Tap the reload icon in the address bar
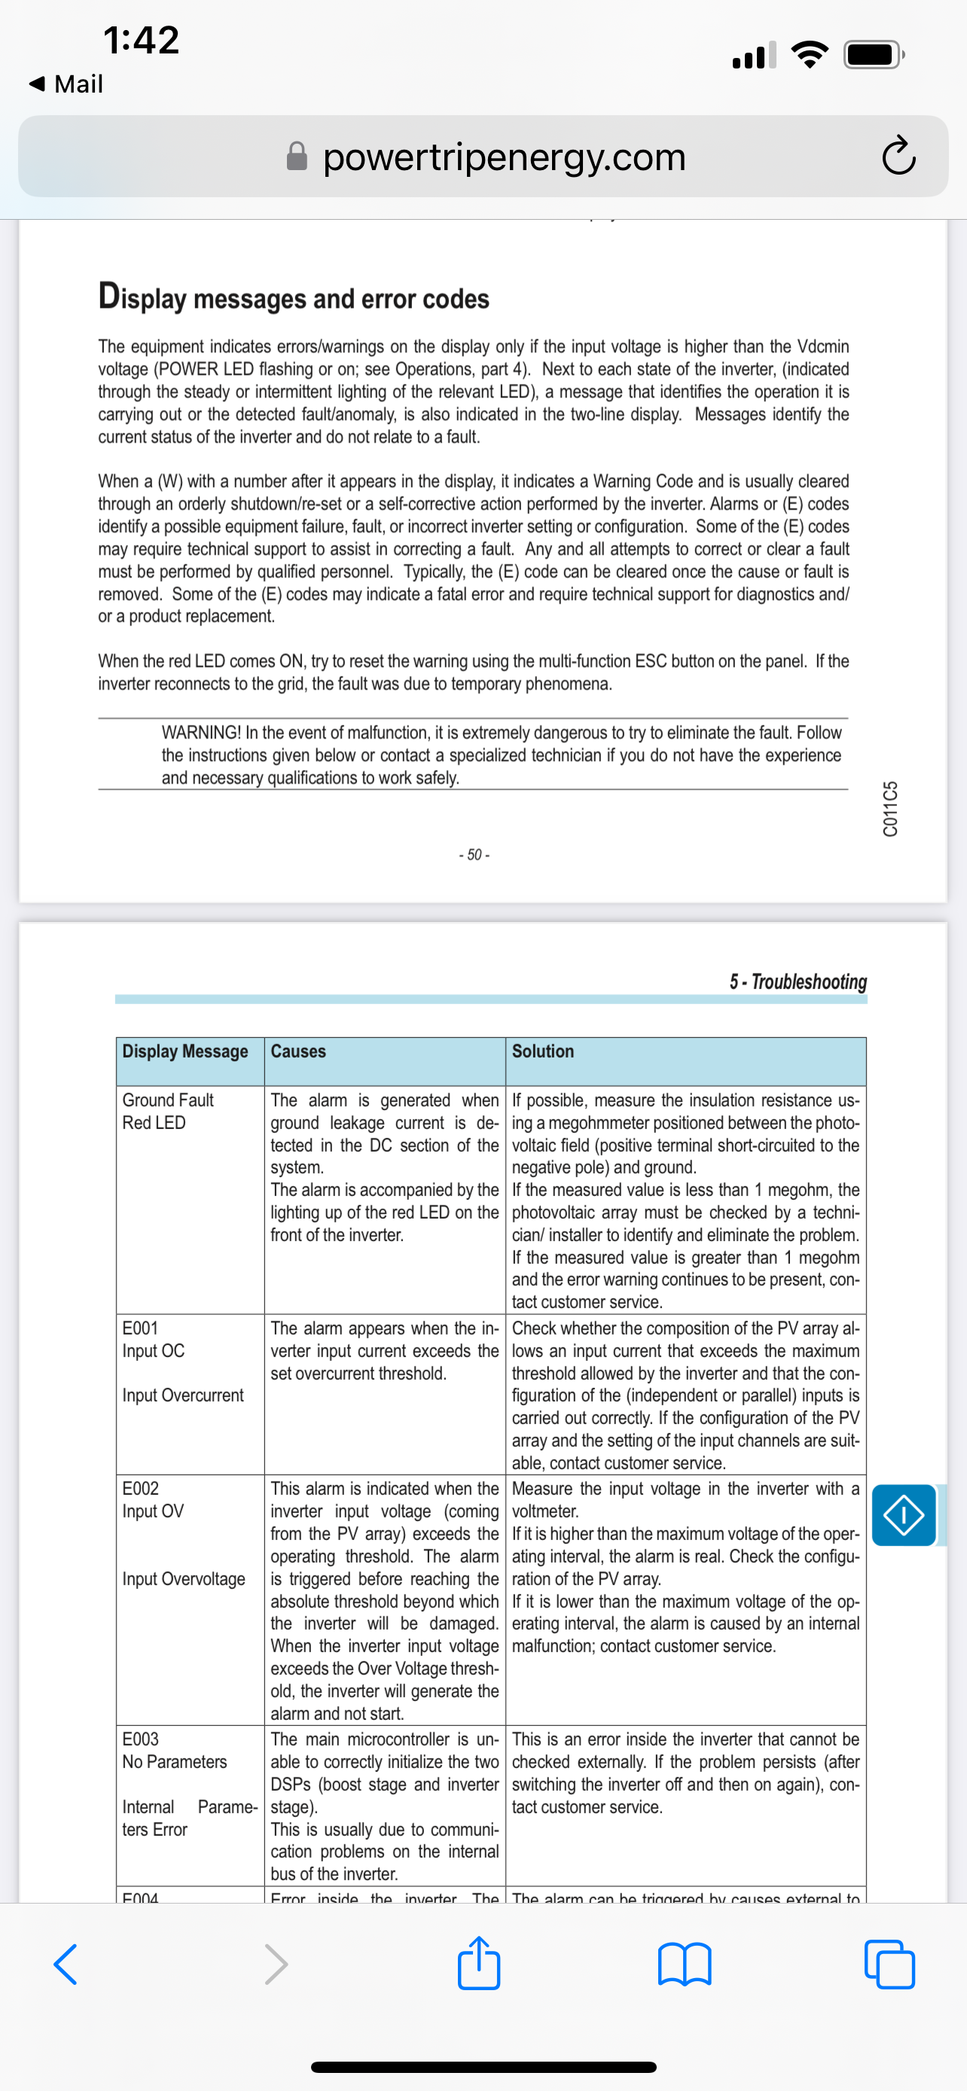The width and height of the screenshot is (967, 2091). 898,157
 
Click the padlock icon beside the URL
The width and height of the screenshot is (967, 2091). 297,157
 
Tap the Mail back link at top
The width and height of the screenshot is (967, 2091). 66,84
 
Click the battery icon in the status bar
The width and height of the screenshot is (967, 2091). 873,55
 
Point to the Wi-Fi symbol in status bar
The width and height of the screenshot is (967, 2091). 809,55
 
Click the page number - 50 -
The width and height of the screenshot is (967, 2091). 474,855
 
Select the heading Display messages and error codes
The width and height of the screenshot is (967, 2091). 293,297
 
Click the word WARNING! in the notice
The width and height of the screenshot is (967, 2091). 200,732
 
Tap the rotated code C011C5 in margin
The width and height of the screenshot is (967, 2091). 891,808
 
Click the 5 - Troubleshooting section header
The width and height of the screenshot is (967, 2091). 798,982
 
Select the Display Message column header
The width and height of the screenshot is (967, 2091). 185,1052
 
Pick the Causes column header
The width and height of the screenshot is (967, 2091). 298,1052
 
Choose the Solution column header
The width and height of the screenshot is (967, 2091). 542,1052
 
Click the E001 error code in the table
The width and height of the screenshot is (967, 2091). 139,1328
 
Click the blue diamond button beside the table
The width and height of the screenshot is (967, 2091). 904,1515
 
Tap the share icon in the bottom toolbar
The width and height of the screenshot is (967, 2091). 478,1964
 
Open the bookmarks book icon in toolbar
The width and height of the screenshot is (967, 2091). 685,1965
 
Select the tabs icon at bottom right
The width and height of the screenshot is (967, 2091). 890,1965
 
